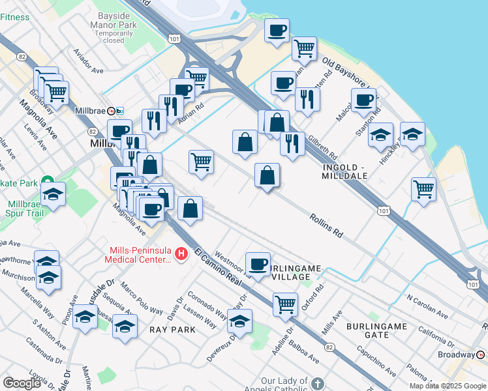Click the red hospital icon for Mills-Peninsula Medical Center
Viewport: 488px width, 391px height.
pos(182,253)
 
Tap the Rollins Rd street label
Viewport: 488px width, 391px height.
pos(326,225)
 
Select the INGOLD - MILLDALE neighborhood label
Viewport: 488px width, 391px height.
pos(346,171)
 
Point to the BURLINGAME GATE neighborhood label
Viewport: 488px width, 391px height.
pos(377,330)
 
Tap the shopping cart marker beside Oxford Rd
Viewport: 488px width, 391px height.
pos(285,304)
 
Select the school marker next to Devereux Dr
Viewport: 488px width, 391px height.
pos(240,321)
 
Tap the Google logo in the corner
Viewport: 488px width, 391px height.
pos(22,383)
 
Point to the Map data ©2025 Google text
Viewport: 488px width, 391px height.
pos(448,386)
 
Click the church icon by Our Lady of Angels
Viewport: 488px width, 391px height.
pos(317,384)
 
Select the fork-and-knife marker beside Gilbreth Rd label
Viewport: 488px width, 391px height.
pos(292,142)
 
